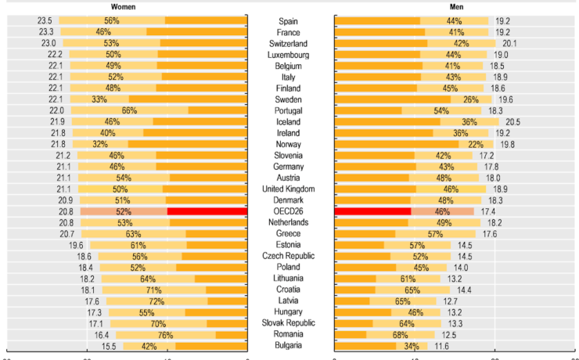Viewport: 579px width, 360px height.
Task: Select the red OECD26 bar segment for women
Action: (207, 211)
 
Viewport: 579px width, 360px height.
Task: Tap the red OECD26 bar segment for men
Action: (372, 211)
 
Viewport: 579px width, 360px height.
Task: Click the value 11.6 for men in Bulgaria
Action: (442, 345)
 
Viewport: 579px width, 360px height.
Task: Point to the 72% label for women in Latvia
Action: (156, 301)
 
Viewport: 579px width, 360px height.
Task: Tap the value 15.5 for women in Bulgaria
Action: (109, 345)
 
